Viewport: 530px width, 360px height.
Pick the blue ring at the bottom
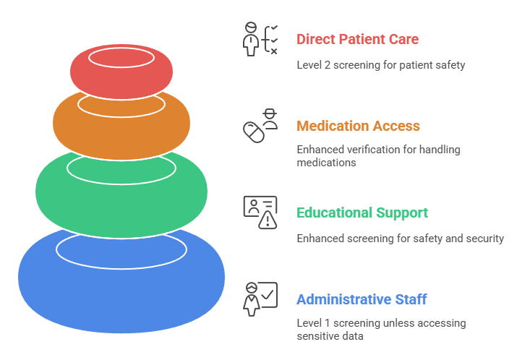coord(121,297)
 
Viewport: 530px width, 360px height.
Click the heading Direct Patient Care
coord(358,39)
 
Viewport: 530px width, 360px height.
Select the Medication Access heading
coord(359,126)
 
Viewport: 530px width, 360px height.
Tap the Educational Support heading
coord(362,213)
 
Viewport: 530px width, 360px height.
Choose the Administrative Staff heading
coord(362,299)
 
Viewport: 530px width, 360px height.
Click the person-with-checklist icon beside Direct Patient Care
coord(260,39)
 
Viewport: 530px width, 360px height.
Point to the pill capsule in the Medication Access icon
coord(254,132)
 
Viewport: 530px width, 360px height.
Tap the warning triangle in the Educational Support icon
coord(268,220)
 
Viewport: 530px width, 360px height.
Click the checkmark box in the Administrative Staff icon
coord(268,295)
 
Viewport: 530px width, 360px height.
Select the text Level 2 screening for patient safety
coord(381,65)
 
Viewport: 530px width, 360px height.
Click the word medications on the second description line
coord(327,163)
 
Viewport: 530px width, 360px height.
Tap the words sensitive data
coord(330,336)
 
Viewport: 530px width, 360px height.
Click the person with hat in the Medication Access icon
coord(270,119)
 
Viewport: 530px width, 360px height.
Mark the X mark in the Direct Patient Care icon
coord(274,51)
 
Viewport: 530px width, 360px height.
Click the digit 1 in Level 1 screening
coord(327,323)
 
